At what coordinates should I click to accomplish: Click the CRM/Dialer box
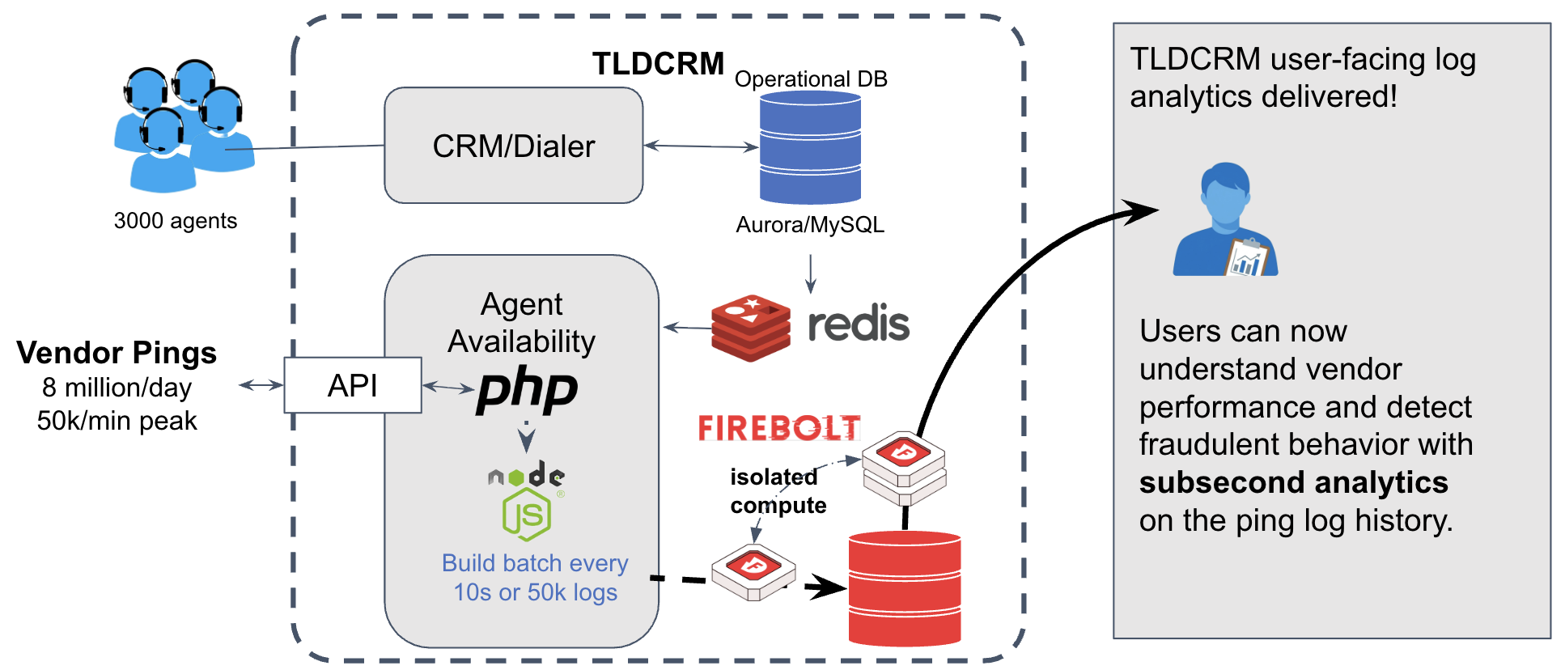pyautogui.click(x=513, y=146)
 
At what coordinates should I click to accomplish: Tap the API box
pyautogui.click(x=353, y=385)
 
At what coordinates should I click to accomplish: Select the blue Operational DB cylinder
pyautogui.click(x=809, y=147)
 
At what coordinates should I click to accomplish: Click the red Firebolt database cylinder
pyautogui.click(x=904, y=588)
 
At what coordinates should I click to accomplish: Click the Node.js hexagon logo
pyautogui.click(x=527, y=515)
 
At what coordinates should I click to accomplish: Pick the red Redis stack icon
pyautogui.click(x=750, y=327)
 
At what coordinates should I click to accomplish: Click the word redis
pyautogui.click(x=859, y=324)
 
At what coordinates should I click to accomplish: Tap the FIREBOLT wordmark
pyautogui.click(x=778, y=427)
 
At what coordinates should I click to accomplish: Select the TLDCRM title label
pyautogui.click(x=658, y=64)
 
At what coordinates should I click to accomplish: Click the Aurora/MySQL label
pyautogui.click(x=809, y=225)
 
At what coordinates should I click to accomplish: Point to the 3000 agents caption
pyautogui.click(x=176, y=221)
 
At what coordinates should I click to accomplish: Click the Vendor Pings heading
pyautogui.click(x=117, y=353)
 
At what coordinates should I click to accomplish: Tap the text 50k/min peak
pyautogui.click(x=117, y=421)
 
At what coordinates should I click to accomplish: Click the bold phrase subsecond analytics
pyautogui.click(x=1293, y=482)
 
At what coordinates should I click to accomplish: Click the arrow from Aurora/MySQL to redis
pyautogui.click(x=810, y=274)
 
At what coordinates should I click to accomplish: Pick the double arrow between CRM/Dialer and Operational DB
pyautogui.click(x=701, y=146)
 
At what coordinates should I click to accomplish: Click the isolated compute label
pyautogui.click(x=778, y=491)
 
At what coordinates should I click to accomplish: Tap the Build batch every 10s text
pyautogui.click(x=535, y=563)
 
